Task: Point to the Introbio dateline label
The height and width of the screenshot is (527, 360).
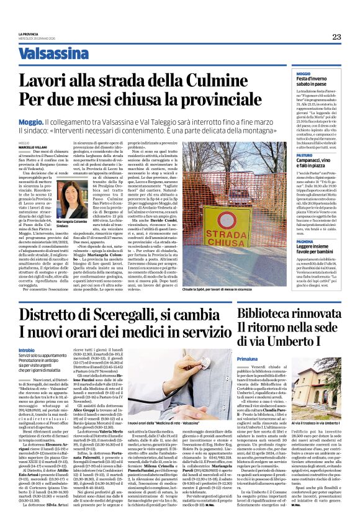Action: [27, 350]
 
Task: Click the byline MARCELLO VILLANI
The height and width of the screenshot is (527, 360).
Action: [32, 146]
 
